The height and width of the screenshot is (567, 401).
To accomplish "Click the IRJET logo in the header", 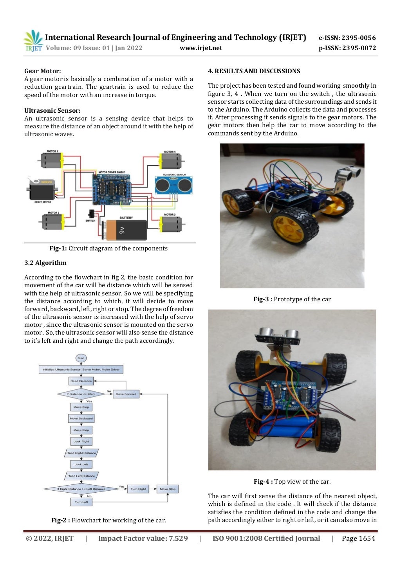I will coord(33,41).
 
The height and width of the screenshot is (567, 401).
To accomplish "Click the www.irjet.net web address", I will coord(200,48).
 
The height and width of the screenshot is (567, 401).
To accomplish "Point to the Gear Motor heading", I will coord(42,71).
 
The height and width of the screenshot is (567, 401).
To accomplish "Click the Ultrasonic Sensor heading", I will coord(52,111).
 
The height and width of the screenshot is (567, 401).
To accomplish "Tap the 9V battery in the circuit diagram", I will coord(125,230).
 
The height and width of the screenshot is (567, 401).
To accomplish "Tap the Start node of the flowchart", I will coord(81,358).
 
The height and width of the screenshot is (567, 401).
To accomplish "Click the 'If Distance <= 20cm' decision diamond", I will coord(81,394).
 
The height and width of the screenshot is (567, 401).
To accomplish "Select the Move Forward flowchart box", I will coord(126,394).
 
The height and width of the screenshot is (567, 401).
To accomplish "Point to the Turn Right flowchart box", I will coord(138,489).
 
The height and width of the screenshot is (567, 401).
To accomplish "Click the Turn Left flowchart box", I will coord(81,502).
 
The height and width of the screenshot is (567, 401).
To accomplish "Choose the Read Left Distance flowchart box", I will coord(81,476).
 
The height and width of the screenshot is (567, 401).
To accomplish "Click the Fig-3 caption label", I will coord(263,299).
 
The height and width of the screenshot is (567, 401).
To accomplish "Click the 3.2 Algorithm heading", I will coord(45,263).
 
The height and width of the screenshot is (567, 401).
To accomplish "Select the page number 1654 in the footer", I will coord(358,538).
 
